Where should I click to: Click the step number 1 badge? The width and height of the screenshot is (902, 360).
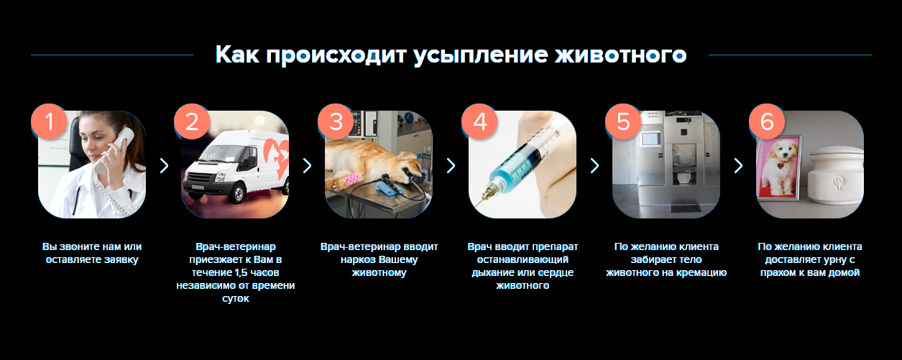49,121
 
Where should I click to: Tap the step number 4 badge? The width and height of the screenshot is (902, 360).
479,121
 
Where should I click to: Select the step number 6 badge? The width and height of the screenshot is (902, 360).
767,121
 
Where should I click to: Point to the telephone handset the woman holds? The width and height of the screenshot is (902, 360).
114,149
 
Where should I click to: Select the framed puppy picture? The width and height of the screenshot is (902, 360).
778,167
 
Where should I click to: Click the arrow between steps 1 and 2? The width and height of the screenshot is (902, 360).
164,165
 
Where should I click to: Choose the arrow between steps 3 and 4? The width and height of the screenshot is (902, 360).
451,165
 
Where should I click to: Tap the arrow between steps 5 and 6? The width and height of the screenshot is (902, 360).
738,165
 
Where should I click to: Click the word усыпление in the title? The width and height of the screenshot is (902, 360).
481,55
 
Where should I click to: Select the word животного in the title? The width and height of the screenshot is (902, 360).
620,55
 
